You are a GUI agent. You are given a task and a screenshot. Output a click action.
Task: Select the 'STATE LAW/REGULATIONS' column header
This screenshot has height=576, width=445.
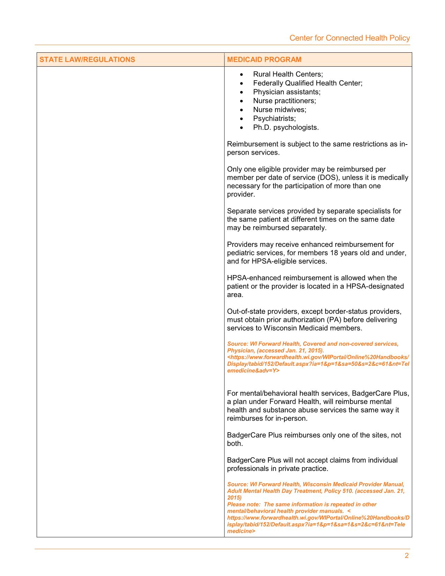coord(87,59)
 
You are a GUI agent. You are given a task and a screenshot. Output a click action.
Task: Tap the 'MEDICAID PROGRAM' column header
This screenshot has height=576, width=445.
coord(264,59)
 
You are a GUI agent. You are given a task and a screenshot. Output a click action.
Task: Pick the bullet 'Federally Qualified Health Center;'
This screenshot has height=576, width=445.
coord(307,83)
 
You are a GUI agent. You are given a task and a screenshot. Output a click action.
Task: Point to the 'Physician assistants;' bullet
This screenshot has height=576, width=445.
coord(287,92)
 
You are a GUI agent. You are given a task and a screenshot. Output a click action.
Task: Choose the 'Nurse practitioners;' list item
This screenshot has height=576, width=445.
coord(284,101)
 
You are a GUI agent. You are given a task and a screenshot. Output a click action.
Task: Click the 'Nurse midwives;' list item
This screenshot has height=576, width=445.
coord(280,110)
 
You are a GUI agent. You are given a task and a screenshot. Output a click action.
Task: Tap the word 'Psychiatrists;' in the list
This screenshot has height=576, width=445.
coord(274,119)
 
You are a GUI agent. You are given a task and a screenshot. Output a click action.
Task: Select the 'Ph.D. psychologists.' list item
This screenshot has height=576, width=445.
coord(286,127)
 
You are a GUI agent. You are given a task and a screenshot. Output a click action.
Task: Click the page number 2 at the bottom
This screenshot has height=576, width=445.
coord(407,556)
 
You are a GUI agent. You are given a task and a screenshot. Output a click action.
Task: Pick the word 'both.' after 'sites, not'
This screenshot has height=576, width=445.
coord(235,444)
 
